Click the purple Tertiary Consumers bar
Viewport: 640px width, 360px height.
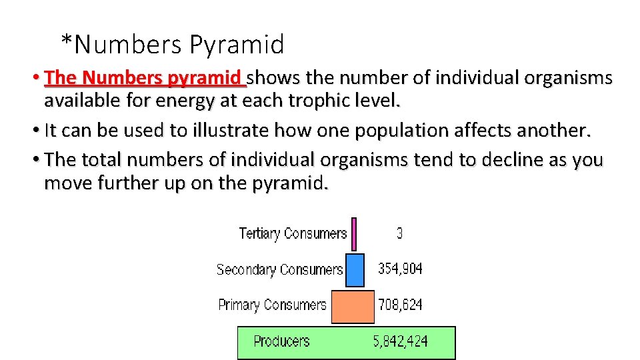pos(354,234)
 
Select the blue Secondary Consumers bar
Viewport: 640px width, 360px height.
pos(355,269)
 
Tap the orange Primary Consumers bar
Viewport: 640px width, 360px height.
pos(353,306)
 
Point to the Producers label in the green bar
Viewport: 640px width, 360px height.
pos(281,342)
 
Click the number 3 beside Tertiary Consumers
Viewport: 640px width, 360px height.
pos(399,233)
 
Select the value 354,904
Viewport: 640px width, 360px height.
pos(400,269)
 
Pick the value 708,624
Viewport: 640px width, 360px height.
pos(400,305)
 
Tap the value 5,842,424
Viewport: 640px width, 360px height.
pos(400,342)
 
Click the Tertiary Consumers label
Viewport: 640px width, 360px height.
pos(293,233)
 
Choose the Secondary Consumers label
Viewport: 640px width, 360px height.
pos(279,270)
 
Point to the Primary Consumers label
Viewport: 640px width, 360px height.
pos(272,305)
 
